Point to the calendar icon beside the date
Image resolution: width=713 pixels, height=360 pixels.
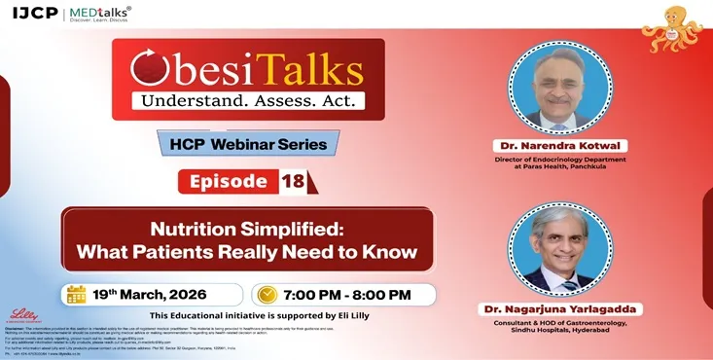pyautogui.click(x=77, y=294)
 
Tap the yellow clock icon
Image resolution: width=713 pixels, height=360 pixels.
pyautogui.click(x=267, y=294)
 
